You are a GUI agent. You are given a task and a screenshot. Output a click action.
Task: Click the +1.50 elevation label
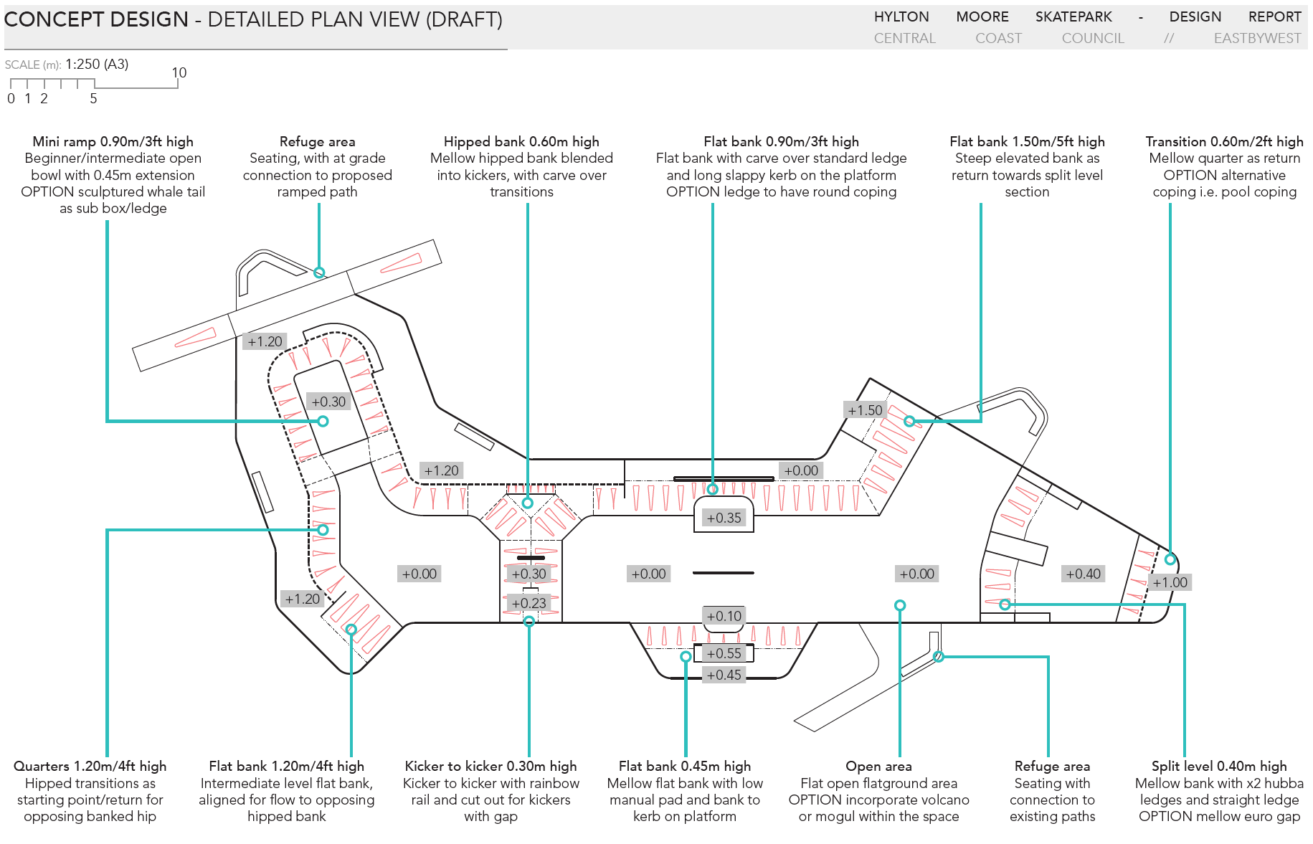coord(865,410)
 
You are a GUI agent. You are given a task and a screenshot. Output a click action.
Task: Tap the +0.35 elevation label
coord(724,518)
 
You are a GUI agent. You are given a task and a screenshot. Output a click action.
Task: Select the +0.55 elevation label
coord(724,653)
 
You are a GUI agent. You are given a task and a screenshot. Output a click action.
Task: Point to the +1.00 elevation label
coord(1170,582)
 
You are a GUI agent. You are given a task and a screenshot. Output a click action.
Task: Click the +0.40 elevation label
coord(1083,574)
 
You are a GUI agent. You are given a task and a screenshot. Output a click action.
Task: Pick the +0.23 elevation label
coord(528,603)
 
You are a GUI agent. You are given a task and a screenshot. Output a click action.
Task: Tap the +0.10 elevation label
coord(724,616)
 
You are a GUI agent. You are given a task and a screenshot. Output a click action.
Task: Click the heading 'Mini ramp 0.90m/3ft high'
coord(113,141)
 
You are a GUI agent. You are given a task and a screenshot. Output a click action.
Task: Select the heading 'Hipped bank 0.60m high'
coord(521,141)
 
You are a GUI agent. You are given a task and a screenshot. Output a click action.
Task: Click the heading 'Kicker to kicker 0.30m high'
coord(490,766)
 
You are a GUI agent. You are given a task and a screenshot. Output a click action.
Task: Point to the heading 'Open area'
coord(878,766)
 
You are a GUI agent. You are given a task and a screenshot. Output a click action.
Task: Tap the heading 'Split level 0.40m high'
coord(1218,766)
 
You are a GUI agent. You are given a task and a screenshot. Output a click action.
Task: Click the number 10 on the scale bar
coord(179,72)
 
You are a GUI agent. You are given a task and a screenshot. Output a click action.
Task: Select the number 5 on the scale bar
coord(93,99)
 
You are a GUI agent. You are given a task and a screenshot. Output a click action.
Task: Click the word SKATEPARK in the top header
coord(1073,16)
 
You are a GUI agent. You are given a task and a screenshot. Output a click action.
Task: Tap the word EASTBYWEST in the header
coord(1256,38)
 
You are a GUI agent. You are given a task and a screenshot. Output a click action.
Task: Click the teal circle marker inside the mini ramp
coord(323,421)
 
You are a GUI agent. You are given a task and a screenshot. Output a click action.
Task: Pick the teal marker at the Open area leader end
coord(900,605)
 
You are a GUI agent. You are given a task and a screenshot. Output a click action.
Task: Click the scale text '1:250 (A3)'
coord(97,64)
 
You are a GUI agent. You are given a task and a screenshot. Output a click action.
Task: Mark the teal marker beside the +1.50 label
coord(909,421)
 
